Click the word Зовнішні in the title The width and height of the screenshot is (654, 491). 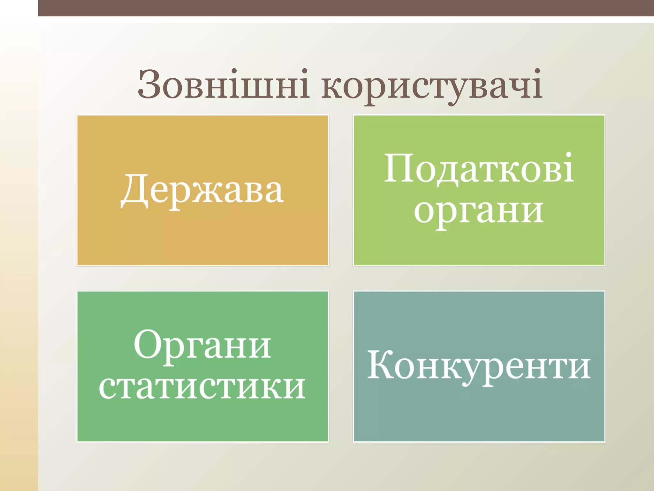pos(224,85)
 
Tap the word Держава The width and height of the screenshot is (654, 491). pos(202,191)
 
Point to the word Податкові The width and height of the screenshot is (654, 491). pos(479,169)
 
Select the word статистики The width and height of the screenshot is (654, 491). pos(202,387)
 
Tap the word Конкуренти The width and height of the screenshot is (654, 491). pos(479,366)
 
